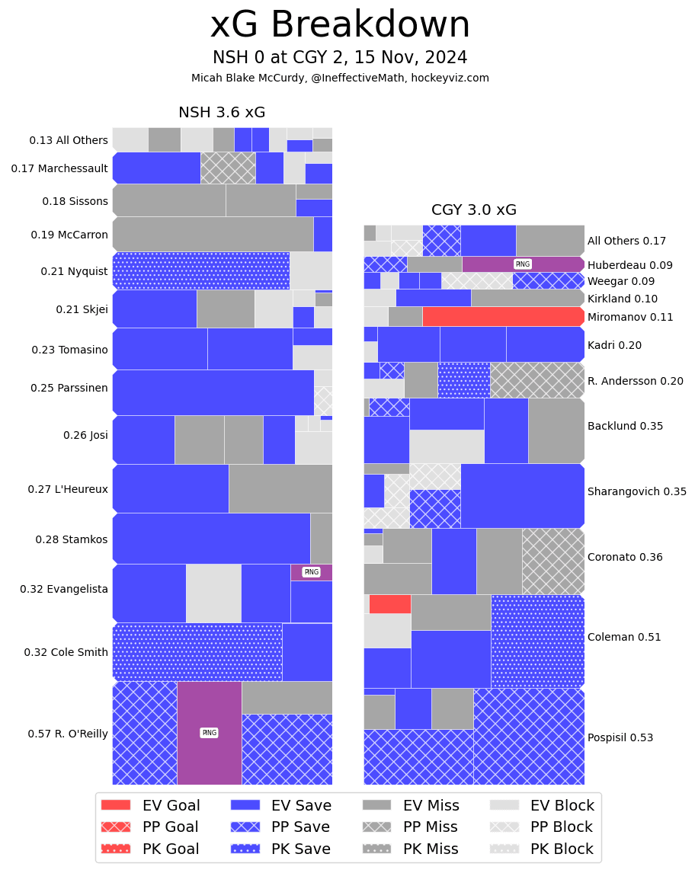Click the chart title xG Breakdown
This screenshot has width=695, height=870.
coord(340,25)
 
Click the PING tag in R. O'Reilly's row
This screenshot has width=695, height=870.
coord(209,733)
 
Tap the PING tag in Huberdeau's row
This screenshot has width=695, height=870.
coord(522,264)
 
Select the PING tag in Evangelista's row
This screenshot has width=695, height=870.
coord(311,572)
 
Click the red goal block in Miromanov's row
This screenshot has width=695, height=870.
coord(503,316)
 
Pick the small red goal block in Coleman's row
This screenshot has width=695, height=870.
coord(389,604)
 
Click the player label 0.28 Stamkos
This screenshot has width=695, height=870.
coord(72,539)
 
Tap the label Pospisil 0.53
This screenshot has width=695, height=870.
coord(620,737)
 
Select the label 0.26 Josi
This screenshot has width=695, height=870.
coord(85,435)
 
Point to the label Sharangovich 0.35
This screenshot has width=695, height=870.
coord(636,491)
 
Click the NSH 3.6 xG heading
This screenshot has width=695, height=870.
coord(222,113)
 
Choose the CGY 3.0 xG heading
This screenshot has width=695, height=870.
coord(474,210)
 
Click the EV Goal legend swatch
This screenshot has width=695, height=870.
coord(116,805)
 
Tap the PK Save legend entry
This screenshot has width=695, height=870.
coord(285,849)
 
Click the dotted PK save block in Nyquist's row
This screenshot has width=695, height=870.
coord(200,270)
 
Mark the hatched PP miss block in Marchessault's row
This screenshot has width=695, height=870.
coord(228,168)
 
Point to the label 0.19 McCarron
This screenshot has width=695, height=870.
coord(69,235)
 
